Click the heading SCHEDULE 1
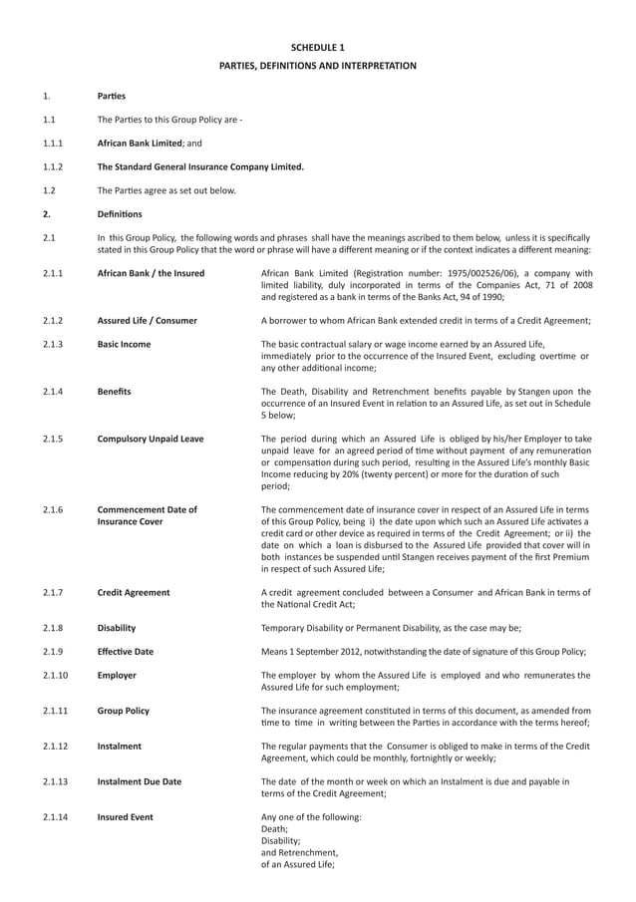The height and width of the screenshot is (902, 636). coord(317,47)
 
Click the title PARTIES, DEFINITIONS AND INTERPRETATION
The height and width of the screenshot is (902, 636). coord(317,66)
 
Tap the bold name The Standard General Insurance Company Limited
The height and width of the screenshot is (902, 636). coord(200,166)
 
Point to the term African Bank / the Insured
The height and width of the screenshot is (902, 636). coord(151,273)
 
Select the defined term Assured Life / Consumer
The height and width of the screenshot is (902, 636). coord(147,321)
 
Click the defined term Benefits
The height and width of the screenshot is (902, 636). coord(114,392)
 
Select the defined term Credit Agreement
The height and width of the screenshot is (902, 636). coord(133,593)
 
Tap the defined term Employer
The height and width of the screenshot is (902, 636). coord(116,676)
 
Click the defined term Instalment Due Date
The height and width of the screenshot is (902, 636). coord(139,782)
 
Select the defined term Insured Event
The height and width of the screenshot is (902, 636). coord(125,817)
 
